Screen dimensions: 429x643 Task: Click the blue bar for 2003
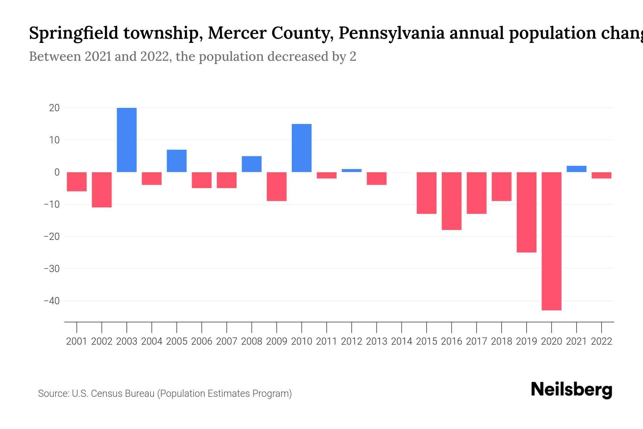tap(127, 140)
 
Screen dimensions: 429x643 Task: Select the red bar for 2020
tap(552, 241)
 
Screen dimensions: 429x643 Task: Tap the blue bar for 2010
tap(301, 148)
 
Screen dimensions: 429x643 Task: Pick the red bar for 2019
tap(527, 212)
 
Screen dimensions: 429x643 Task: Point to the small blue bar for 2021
tap(576, 169)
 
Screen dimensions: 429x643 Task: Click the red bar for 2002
tap(102, 189)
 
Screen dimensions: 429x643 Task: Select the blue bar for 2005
tap(177, 161)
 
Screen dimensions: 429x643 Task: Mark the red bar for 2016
tap(452, 201)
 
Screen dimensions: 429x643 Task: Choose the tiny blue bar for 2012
tap(352, 171)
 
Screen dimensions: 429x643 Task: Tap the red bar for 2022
tap(602, 175)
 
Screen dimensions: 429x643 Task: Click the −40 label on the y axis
tap(51, 301)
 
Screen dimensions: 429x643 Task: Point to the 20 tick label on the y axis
tap(54, 108)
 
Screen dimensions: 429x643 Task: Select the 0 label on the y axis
tap(57, 172)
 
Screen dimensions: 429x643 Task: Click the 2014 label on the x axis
tap(402, 341)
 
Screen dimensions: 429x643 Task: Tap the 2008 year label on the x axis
tap(251, 341)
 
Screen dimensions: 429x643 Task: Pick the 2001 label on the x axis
tap(77, 341)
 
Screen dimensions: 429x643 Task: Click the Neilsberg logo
tap(572, 390)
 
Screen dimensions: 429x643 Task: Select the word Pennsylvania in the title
tap(392, 33)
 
